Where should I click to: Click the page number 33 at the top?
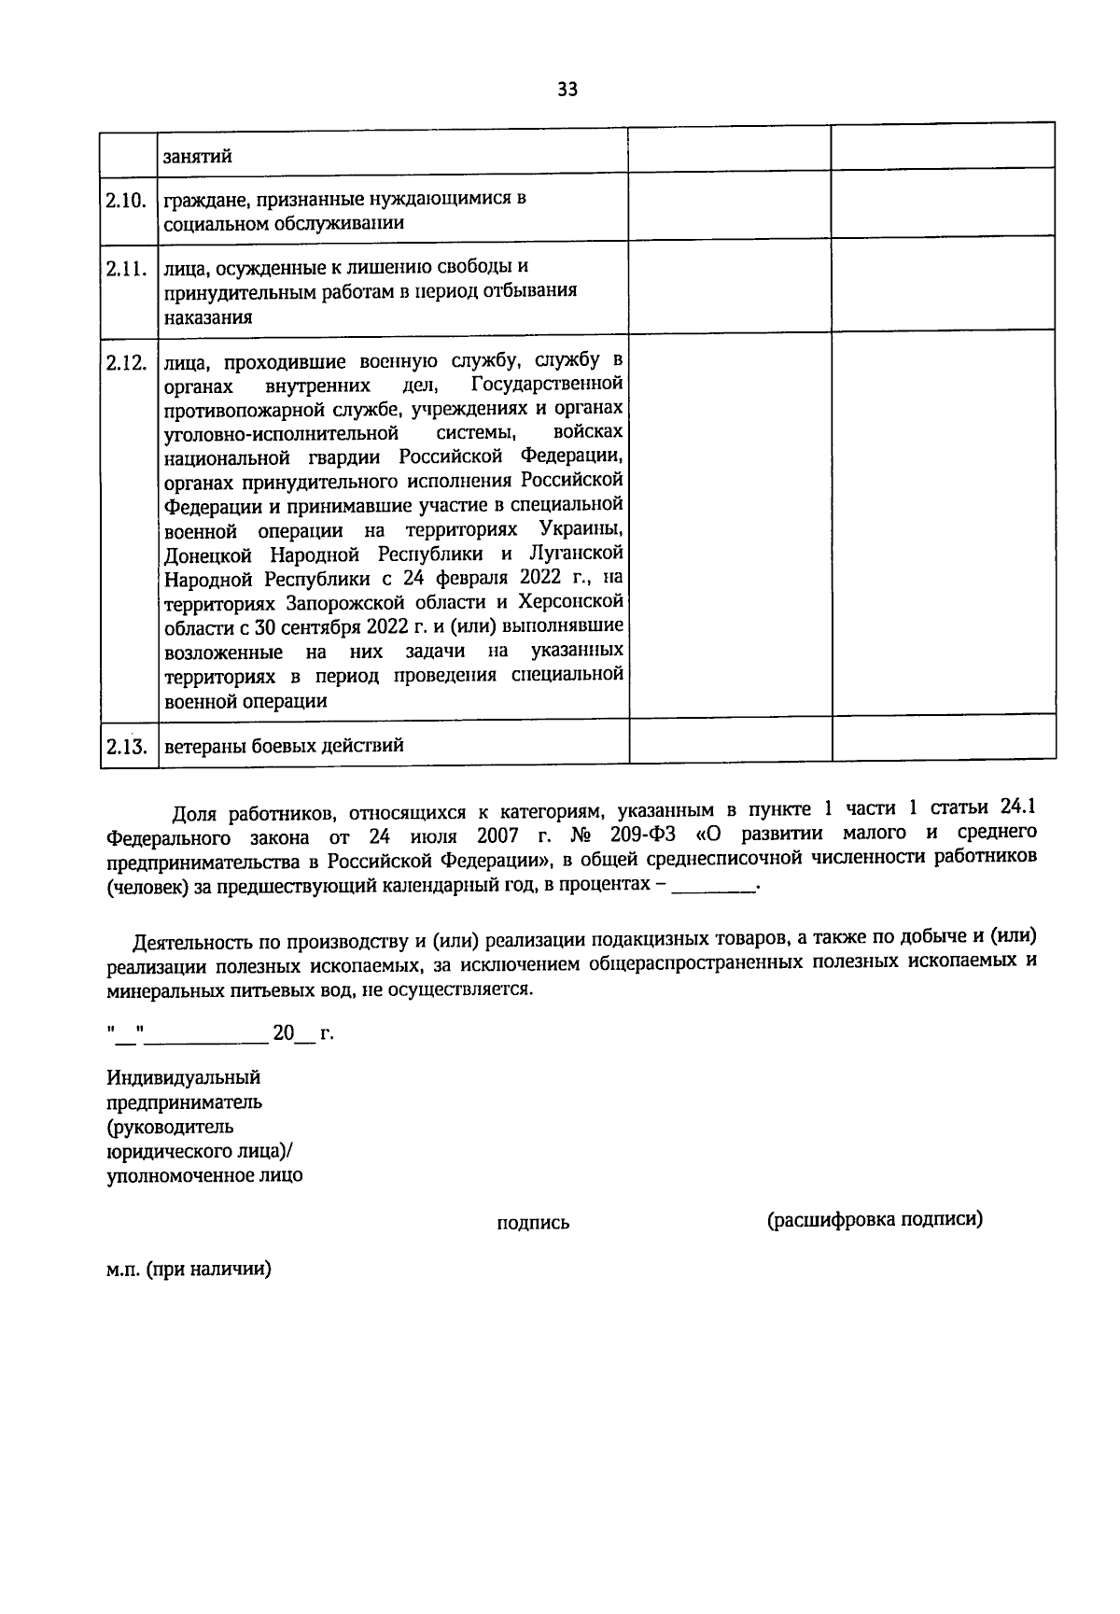tap(567, 90)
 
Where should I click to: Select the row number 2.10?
tap(128, 200)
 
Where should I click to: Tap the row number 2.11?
tap(128, 269)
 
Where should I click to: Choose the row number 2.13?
tap(128, 746)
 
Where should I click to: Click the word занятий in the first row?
tap(198, 157)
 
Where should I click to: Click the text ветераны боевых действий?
tap(285, 745)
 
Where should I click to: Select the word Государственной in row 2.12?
tap(547, 384)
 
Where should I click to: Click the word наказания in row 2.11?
tap(208, 316)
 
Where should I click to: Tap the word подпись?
tap(533, 1223)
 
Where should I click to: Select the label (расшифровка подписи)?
tap(875, 1220)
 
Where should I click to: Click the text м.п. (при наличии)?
tap(189, 1270)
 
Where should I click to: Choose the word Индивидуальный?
tap(183, 1077)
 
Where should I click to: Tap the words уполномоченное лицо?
tap(204, 1175)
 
